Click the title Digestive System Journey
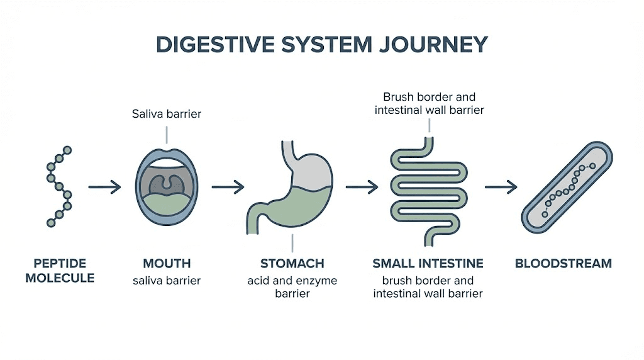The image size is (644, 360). (x=321, y=45)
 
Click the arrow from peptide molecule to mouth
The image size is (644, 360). (x=104, y=187)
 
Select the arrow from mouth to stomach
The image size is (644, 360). (x=227, y=187)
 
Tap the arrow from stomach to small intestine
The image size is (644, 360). (x=362, y=187)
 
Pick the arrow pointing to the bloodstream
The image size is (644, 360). (x=501, y=187)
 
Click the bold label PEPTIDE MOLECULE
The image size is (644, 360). (x=60, y=270)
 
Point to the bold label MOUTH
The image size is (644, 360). (x=167, y=263)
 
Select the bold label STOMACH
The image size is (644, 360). (x=292, y=263)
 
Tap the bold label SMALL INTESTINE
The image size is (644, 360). (x=428, y=263)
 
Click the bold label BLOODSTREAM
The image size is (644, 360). (x=563, y=263)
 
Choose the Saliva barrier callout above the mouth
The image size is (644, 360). (x=167, y=114)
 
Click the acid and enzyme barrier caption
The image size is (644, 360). (x=292, y=286)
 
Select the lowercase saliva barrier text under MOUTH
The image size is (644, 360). (x=167, y=280)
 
